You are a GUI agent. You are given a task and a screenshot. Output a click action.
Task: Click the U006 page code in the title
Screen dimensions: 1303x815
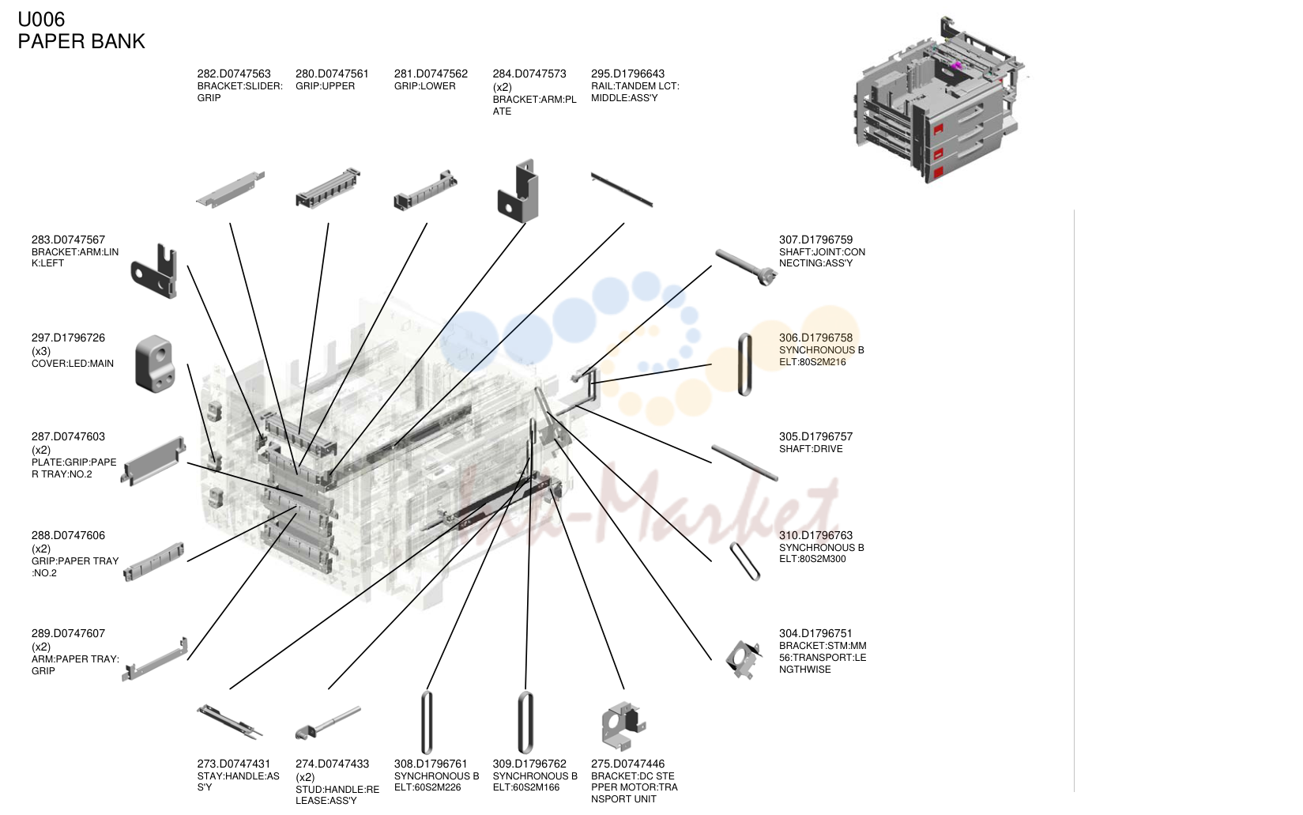41,20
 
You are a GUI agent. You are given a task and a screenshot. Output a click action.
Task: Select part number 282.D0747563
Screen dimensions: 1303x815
234,74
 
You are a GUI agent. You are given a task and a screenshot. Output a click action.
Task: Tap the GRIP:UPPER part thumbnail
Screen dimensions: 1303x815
328,188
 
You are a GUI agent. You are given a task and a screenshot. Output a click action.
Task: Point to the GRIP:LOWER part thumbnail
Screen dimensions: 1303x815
425,190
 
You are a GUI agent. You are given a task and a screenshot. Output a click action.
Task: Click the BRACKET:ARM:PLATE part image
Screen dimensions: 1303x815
518,191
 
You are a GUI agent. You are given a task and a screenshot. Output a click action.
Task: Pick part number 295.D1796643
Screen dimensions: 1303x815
627,74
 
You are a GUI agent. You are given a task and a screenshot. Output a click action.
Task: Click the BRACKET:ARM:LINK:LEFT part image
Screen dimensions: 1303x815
154,271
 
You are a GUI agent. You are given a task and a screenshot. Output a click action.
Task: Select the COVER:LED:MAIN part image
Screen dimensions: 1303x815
155,364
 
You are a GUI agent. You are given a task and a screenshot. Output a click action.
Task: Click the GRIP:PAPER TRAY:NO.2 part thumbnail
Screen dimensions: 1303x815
154,561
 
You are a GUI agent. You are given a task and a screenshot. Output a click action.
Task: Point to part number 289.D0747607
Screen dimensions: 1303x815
68,633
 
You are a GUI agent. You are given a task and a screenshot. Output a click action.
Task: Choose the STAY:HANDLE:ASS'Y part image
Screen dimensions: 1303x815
230,722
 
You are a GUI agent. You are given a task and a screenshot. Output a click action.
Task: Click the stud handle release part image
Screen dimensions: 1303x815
328,723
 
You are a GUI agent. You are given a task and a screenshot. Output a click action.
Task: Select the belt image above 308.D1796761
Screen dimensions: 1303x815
427,722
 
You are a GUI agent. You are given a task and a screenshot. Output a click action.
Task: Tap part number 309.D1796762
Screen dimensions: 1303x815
529,764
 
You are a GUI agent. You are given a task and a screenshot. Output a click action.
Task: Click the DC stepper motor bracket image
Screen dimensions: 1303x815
623,726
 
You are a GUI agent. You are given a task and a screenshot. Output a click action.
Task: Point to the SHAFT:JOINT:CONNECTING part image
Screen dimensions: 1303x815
746,267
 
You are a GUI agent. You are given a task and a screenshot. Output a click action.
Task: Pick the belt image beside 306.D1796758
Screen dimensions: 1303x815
744,364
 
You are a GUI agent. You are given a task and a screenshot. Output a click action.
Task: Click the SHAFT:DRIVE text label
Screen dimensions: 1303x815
811,449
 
